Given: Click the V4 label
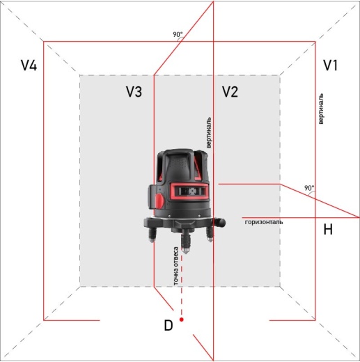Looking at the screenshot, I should (29, 66).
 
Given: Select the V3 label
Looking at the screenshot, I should (134, 91).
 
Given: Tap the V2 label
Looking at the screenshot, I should (230, 91).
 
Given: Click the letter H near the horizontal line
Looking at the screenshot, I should (328, 229).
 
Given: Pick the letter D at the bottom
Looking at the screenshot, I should (168, 325).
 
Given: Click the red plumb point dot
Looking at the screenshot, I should (181, 319).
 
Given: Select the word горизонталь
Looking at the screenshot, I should (263, 222).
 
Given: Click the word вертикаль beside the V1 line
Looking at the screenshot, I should (320, 107).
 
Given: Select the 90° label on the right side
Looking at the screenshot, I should (308, 188).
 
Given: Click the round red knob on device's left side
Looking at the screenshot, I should (159, 201).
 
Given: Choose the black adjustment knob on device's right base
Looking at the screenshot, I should (221, 221).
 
